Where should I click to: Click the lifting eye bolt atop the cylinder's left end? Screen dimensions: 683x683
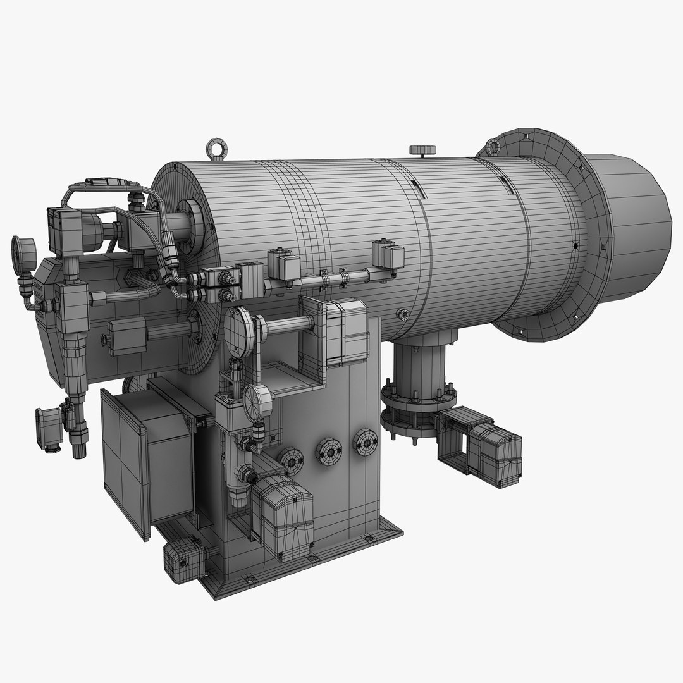click(x=214, y=147)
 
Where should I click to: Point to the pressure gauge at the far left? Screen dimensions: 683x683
click(x=23, y=254)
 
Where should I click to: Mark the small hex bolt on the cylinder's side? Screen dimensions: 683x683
click(x=402, y=314)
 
